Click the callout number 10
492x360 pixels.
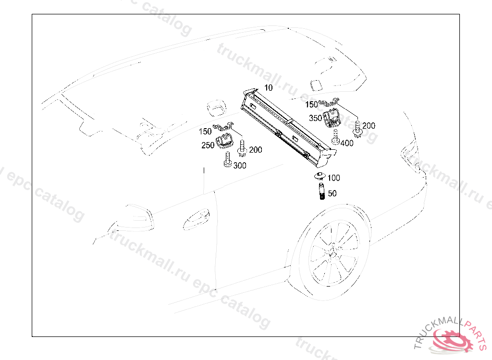(268, 87)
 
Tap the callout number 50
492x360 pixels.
(332, 193)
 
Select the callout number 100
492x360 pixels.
(333, 178)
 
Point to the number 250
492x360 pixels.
(208, 145)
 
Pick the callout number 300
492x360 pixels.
(240, 166)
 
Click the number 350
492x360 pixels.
(315, 118)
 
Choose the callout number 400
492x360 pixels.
(347, 143)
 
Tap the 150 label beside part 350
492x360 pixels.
(312, 105)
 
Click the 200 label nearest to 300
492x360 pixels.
(256, 150)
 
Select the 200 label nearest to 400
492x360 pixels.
(369, 126)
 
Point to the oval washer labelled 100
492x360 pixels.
(319, 175)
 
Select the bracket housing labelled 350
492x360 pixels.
(331, 118)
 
